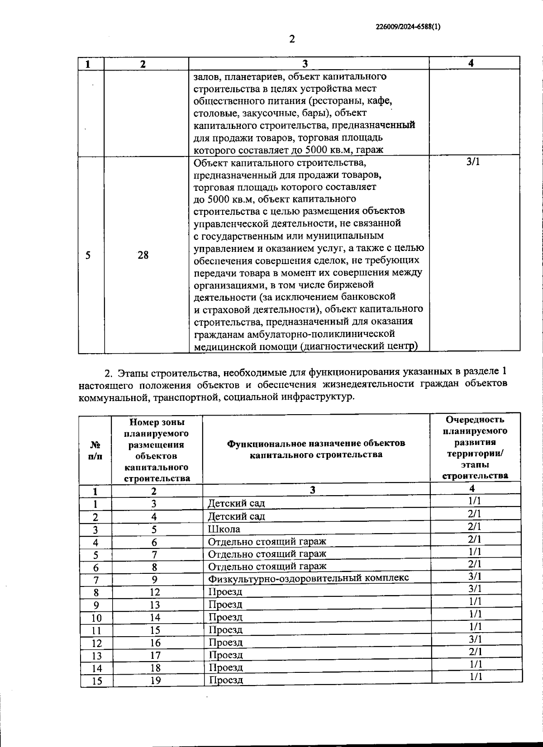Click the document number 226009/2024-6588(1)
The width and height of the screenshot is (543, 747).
pos(408,27)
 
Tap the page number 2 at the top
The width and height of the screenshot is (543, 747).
pos(292,39)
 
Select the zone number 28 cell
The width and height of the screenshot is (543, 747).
pos(143,255)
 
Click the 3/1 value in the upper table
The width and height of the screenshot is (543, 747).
pos(473,162)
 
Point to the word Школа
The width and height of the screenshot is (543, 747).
pos(224,529)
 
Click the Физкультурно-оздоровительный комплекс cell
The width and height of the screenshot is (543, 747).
pos(308,578)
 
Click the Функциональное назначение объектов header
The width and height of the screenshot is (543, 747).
pos(316,449)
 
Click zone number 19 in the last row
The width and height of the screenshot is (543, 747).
pos(156,680)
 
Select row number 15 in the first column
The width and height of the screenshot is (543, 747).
pos(96,681)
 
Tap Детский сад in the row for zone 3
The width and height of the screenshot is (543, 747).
pos(236,503)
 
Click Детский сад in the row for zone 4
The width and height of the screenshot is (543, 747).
pos(236,516)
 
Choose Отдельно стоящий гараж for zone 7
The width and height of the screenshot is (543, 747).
pos(267,554)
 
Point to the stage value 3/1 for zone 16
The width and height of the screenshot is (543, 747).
pos(475,639)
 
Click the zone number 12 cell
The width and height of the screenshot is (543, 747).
pos(155,592)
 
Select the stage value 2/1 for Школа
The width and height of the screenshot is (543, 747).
pos(475,526)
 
